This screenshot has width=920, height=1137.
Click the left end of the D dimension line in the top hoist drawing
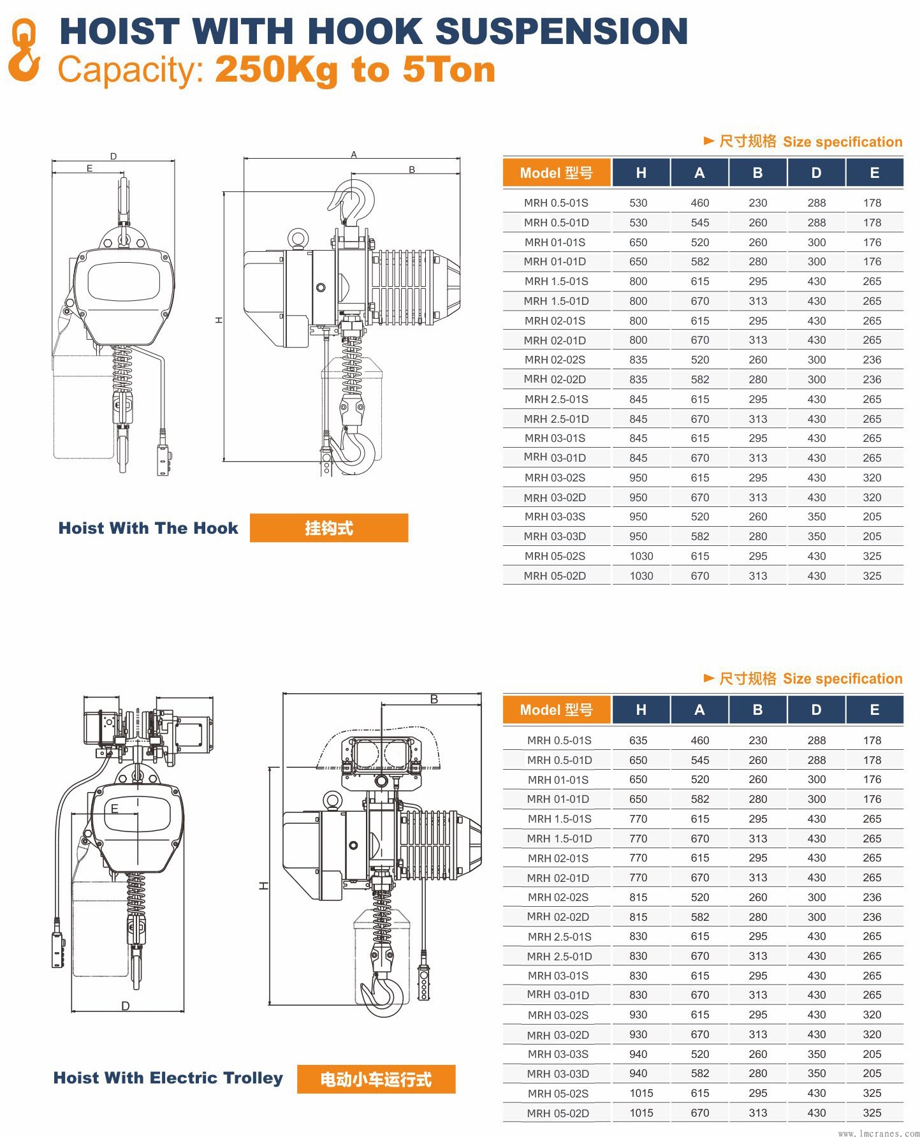click(52, 161)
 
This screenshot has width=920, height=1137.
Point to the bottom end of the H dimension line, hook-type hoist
click(224, 460)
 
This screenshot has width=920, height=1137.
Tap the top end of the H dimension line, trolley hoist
click(270, 768)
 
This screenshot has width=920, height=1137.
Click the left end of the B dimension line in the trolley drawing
click(381, 705)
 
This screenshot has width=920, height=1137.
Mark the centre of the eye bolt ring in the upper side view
click(297, 238)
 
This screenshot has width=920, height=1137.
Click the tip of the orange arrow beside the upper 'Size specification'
click(714, 140)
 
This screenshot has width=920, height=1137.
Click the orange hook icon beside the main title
click(24, 50)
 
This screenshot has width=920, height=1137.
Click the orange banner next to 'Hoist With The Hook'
click(329, 528)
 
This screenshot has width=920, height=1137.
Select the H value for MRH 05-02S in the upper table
click(641, 556)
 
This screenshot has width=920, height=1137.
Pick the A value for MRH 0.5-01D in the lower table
click(699, 760)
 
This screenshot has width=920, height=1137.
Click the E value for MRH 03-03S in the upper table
click(872, 517)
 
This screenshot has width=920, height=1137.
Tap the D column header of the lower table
click(816, 710)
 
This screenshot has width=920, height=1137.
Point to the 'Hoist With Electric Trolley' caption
click(168, 1078)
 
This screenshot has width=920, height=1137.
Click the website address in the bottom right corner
click(879, 1133)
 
